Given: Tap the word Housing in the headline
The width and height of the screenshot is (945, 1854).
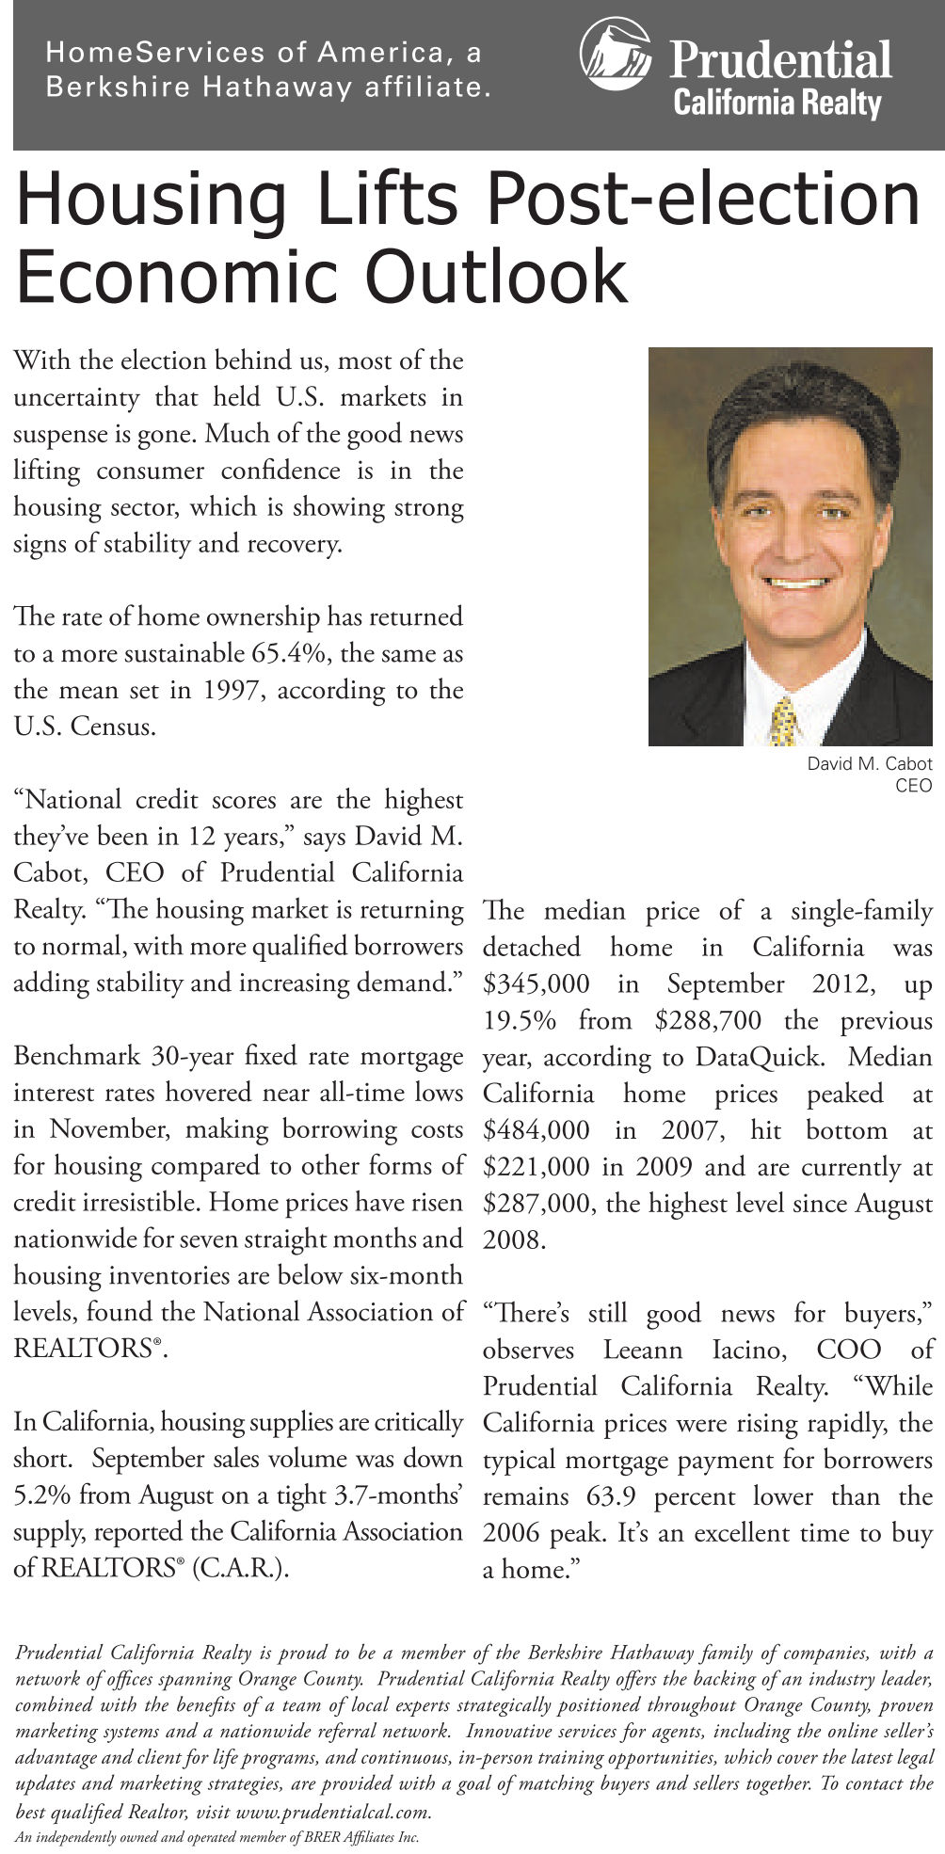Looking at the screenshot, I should [x=151, y=200].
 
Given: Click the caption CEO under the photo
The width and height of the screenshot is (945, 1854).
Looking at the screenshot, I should [x=913, y=785].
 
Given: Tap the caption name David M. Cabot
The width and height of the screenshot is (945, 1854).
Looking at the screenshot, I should [x=869, y=763].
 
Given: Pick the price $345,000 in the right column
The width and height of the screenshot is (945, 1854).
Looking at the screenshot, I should [x=537, y=984].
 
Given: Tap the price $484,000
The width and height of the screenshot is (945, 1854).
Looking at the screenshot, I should [x=537, y=1130].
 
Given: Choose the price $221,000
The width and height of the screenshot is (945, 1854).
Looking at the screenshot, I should [x=537, y=1167].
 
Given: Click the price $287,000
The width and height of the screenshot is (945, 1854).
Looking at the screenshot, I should [x=537, y=1204].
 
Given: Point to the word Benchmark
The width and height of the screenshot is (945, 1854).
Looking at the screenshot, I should [x=76, y=1056].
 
